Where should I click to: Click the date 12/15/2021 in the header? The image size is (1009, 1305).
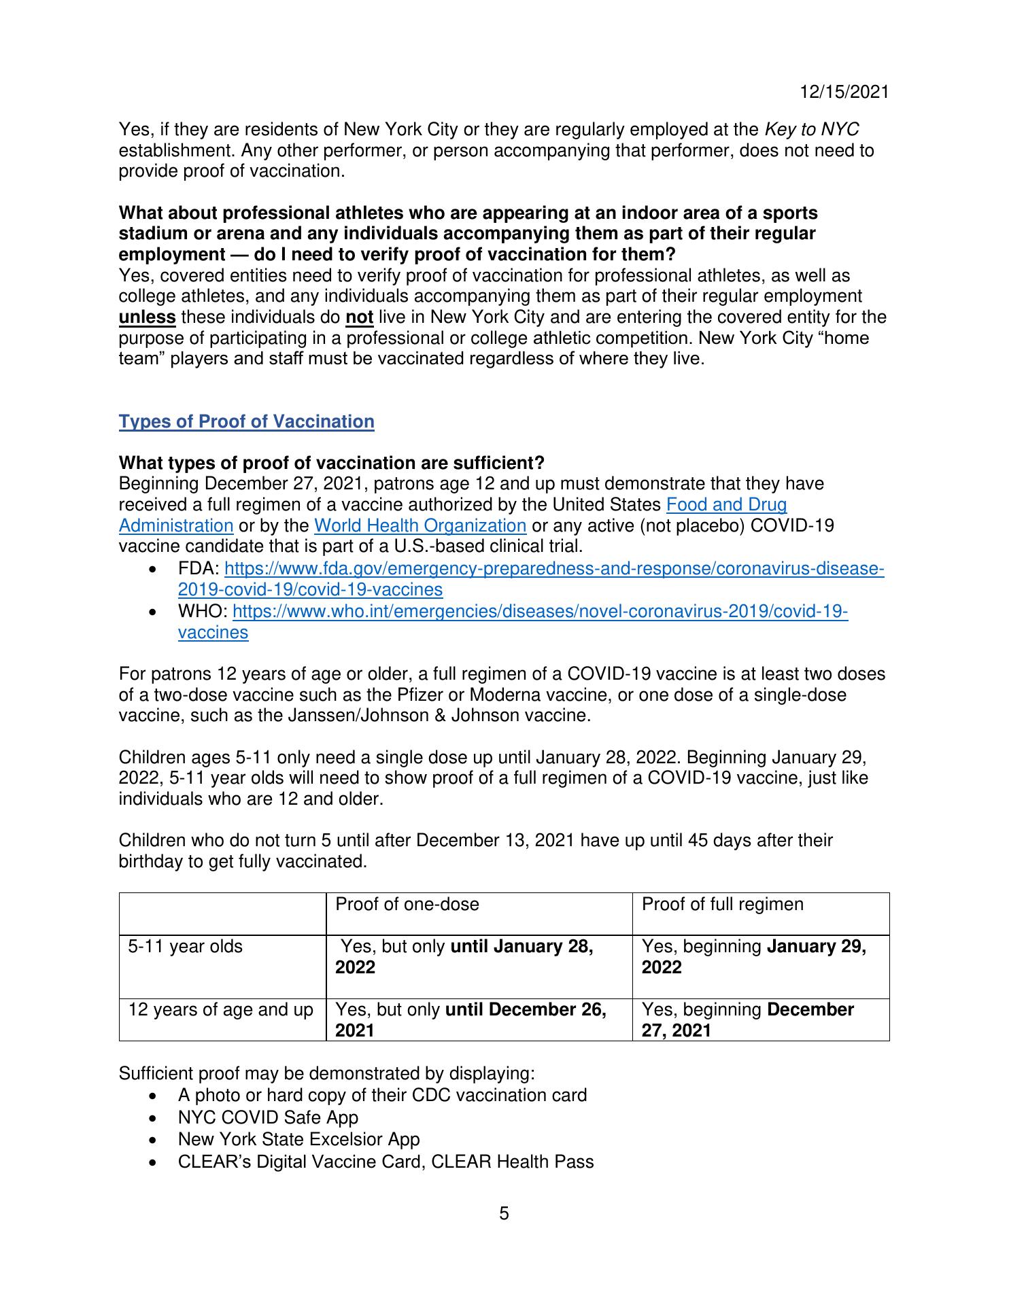[x=844, y=92]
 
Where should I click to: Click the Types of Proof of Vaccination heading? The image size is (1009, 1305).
[x=246, y=421]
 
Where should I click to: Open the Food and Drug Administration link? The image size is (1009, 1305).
[x=726, y=505]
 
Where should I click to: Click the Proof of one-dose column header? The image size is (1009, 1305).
[x=407, y=904]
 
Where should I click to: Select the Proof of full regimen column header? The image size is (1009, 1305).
[x=722, y=904]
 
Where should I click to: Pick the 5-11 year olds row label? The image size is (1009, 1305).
[x=186, y=946]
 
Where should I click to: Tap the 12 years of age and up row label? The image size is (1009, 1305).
[x=221, y=1009]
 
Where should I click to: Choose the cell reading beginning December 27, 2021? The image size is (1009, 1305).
[x=747, y=1020]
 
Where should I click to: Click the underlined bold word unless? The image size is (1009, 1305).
[x=148, y=317]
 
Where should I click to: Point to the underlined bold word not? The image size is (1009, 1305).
[x=360, y=317]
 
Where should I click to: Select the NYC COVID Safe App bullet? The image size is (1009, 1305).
[x=268, y=1117]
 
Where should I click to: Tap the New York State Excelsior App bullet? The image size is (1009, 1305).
[x=298, y=1139]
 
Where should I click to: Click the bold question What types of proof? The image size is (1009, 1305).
[x=332, y=463]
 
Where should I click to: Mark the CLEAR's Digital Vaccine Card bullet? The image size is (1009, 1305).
[x=386, y=1162]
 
